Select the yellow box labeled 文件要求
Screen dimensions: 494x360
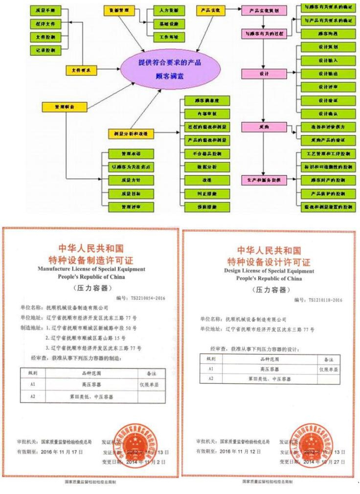[81, 71]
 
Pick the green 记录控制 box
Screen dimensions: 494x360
[45, 49]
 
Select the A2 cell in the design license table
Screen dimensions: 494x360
[211, 378]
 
